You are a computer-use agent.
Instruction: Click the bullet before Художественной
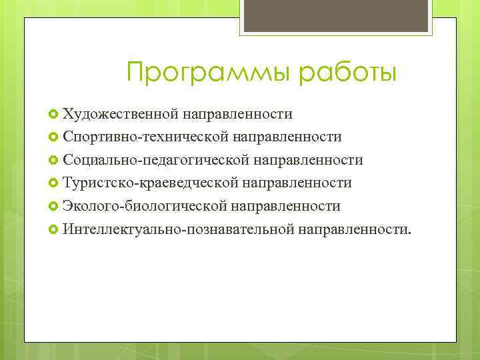54,114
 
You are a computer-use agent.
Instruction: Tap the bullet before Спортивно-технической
54,137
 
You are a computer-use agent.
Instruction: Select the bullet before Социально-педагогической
54,161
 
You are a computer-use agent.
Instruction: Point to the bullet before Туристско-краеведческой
54,183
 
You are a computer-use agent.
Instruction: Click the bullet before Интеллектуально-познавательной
54,230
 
